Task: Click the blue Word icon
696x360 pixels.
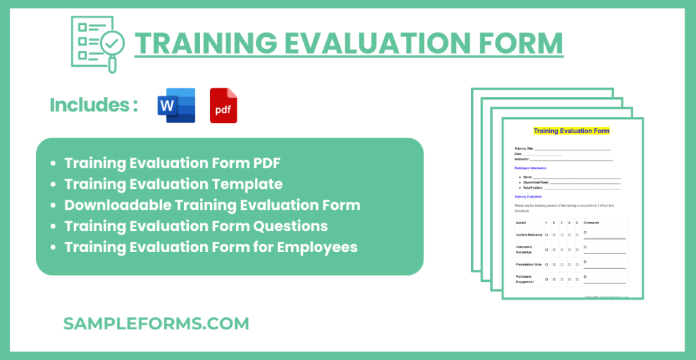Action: pyautogui.click(x=176, y=106)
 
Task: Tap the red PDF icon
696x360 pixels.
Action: pyautogui.click(x=224, y=106)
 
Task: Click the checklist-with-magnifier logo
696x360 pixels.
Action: pyautogui.click(x=96, y=42)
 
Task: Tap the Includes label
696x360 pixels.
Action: pyautogui.click(x=94, y=105)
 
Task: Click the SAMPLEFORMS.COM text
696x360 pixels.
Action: pyautogui.click(x=156, y=323)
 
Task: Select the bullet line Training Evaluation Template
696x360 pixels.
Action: pyautogui.click(x=173, y=183)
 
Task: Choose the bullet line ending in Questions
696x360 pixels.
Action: pyautogui.click(x=196, y=226)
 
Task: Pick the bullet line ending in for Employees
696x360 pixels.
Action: pyautogui.click(x=211, y=247)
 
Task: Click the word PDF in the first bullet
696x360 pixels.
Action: pyautogui.click(x=264, y=163)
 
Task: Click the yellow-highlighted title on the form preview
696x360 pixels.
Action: pyautogui.click(x=571, y=130)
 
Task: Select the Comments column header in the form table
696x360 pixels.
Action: pyautogui.click(x=593, y=222)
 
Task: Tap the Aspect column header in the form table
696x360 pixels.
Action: pyautogui.click(x=521, y=222)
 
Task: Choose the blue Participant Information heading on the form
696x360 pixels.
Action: pyautogui.click(x=531, y=168)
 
